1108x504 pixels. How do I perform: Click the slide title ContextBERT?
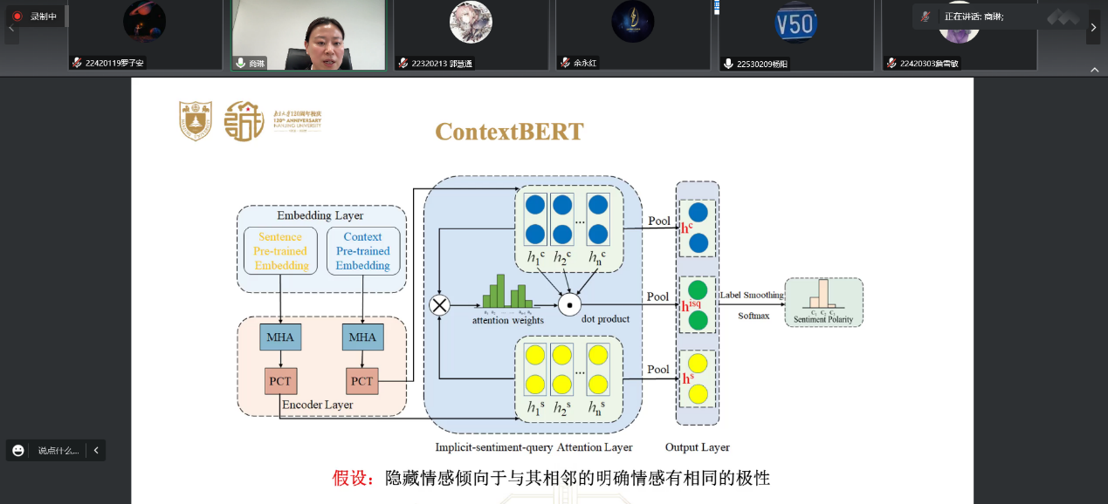coord(509,132)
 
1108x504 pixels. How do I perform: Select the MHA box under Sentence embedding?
coord(279,337)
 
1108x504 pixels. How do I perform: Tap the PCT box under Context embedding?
coord(361,381)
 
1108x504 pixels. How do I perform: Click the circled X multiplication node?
coord(439,304)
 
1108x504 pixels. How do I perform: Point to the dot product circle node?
coord(569,304)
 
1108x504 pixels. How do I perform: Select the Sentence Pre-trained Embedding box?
coord(280,251)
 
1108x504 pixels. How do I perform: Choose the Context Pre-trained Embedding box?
coord(362,251)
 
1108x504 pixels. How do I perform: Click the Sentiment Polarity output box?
coord(823,303)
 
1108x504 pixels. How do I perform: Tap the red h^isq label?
coord(691,306)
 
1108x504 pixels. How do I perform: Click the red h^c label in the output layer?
coord(687,228)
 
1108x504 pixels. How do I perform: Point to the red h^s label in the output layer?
coord(687,379)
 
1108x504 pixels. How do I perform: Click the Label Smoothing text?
coord(751,296)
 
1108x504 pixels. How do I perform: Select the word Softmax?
coord(754,316)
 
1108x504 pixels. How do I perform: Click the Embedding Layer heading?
coord(320,215)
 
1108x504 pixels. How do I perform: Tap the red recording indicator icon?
coord(17,16)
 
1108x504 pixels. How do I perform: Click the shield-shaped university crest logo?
coord(196,121)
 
